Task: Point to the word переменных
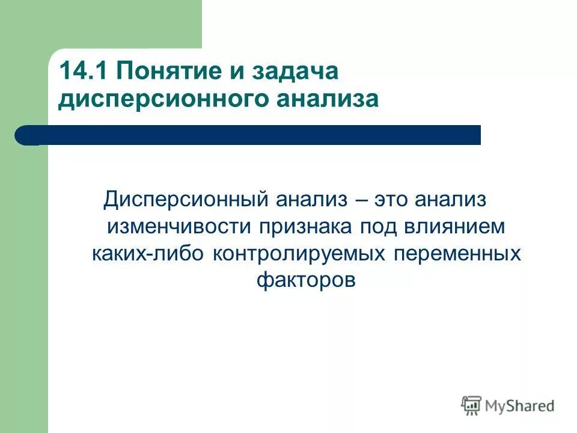click(457, 253)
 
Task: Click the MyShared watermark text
click(520, 406)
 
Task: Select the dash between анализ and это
click(362, 200)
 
